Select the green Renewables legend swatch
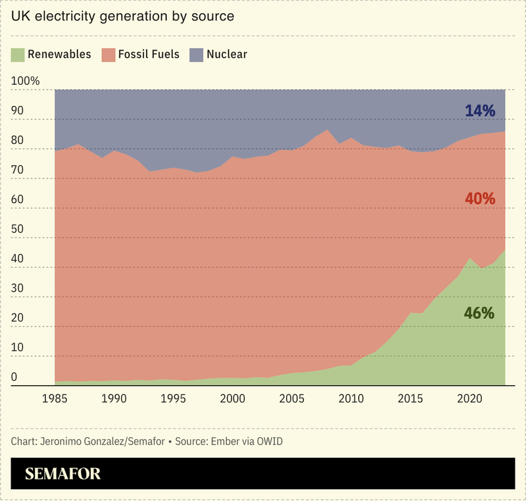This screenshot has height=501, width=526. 18,55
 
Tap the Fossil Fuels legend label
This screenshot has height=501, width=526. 149,55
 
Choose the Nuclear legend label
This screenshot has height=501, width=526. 226,55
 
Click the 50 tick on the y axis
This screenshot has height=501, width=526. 18,229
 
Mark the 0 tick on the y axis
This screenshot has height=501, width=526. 15,377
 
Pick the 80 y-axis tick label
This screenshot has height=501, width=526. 18,141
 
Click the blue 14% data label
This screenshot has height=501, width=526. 479,110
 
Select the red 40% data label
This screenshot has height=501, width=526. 479,199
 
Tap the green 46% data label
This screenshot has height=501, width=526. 479,313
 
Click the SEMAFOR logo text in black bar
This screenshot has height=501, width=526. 63,474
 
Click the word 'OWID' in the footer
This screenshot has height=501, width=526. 268,441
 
